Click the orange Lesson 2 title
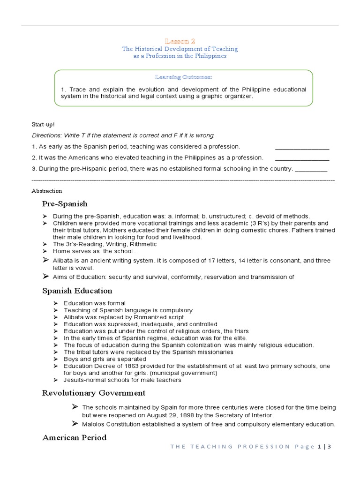(180, 41)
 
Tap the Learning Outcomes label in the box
(183, 77)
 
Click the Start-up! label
(43, 124)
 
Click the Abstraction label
(47, 191)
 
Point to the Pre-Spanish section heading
(65, 204)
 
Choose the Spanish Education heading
(77, 291)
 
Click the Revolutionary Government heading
(94, 393)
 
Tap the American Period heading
(75, 438)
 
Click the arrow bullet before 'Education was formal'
(55, 303)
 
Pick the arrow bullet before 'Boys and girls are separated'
(55, 359)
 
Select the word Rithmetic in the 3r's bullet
(143, 244)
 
